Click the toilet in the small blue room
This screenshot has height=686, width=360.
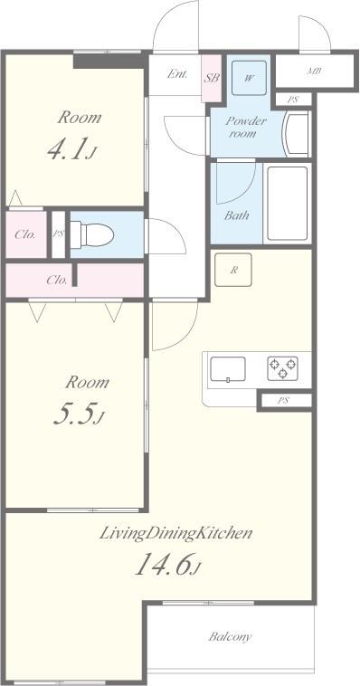(92, 234)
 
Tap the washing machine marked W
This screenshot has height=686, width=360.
(249, 78)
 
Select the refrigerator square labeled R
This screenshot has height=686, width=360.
(233, 270)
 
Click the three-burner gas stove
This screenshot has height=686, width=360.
(282, 368)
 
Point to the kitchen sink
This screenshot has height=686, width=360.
(228, 369)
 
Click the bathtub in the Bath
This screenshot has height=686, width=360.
(288, 203)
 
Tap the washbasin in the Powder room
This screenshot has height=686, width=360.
(297, 133)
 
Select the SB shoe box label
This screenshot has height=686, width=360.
(212, 79)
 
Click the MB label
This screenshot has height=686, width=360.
(314, 71)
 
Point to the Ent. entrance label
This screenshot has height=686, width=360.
(177, 74)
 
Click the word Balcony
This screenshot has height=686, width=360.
(230, 636)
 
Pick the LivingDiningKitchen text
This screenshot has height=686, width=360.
(176, 534)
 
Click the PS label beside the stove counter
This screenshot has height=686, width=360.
(283, 400)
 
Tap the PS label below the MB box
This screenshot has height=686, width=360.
(293, 100)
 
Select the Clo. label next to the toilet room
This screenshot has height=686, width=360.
(25, 234)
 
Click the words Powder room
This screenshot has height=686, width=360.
(245, 127)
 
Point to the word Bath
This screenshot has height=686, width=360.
(237, 215)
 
